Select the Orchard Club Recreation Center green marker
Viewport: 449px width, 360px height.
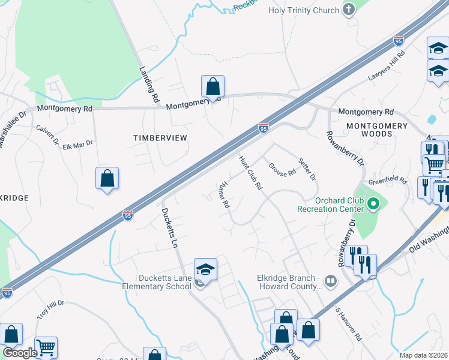click(373, 205)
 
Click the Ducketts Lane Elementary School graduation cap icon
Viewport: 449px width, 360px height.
click(205, 269)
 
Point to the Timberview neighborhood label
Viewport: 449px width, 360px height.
click(160, 138)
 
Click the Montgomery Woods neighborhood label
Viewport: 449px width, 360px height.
click(376, 130)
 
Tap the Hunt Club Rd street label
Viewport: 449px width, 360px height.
click(252, 173)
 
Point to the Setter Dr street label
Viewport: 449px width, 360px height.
click(307, 170)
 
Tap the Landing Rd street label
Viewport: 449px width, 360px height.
click(150, 83)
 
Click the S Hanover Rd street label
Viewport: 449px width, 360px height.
click(348, 328)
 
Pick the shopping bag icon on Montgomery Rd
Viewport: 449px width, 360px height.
click(212, 86)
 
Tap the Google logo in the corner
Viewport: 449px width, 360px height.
click(19, 352)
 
